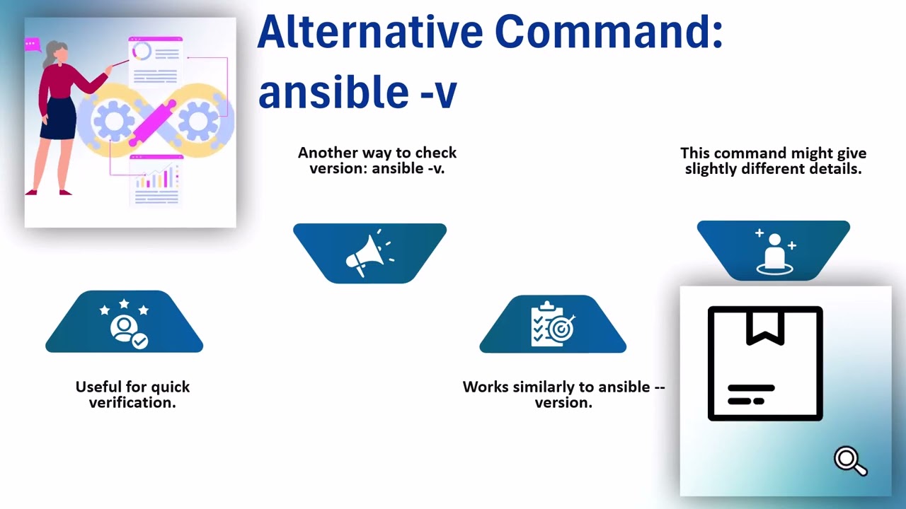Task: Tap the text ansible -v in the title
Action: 357,92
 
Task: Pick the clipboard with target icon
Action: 553,325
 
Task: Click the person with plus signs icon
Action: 774,252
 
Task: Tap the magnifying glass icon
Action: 849,461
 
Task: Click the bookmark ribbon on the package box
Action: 765,327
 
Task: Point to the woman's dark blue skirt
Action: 58,118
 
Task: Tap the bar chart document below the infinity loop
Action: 156,180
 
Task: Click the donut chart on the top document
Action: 142,52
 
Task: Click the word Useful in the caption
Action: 98,387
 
